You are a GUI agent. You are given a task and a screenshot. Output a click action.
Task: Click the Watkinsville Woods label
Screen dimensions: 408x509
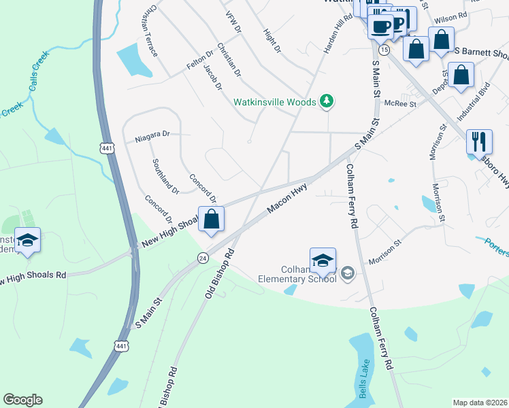275,102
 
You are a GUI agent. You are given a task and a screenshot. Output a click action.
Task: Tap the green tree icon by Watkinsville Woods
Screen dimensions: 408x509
328,101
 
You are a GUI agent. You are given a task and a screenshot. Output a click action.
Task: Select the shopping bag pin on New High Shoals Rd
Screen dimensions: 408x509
212,220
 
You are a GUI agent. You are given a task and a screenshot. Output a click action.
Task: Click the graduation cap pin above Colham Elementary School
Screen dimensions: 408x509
323,261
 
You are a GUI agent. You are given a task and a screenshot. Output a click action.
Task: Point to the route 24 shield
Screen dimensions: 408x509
203,258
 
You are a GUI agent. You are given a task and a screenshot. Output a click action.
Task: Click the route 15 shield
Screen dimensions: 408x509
384,51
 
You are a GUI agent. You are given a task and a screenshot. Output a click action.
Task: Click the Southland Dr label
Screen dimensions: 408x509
165,176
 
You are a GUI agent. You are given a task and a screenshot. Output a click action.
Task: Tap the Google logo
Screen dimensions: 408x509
22,400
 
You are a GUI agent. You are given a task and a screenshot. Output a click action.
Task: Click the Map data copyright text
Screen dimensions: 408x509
480,403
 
